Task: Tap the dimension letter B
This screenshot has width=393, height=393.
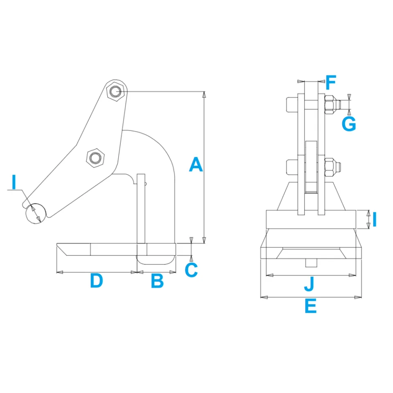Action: point(157,281)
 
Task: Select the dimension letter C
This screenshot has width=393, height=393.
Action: point(191,270)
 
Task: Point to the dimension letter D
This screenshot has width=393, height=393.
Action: point(96,281)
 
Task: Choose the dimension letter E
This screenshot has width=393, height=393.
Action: point(310,306)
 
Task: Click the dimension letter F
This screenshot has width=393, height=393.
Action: point(330,83)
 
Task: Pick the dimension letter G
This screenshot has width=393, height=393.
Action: point(349,124)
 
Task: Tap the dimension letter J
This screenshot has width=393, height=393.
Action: point(309,284)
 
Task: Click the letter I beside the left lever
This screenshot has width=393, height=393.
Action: point(14,182)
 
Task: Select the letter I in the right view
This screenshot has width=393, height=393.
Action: point(374,219)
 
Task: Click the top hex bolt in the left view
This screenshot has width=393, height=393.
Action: point(115,91)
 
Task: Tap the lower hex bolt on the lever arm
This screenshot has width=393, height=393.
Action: point(96,158)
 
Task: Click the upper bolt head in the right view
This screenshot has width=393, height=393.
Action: point(291,104)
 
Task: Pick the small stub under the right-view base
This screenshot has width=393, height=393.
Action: point(311,262)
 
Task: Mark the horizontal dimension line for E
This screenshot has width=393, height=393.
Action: point(311,297)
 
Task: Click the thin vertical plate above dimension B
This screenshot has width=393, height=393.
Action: point(141,209)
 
